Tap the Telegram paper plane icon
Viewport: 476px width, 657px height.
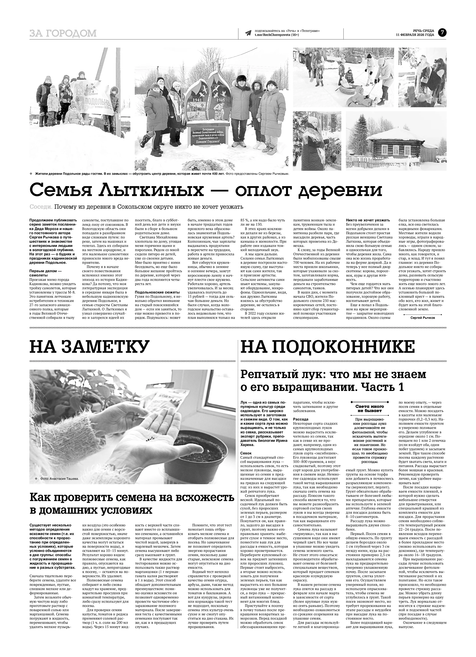pos(248,33)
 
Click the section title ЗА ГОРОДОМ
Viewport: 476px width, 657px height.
pos(63,34)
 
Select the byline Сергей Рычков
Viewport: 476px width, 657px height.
pos(423,317)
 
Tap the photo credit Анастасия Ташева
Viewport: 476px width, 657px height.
pos(64,479)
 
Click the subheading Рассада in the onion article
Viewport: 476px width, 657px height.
pos(301,419)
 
